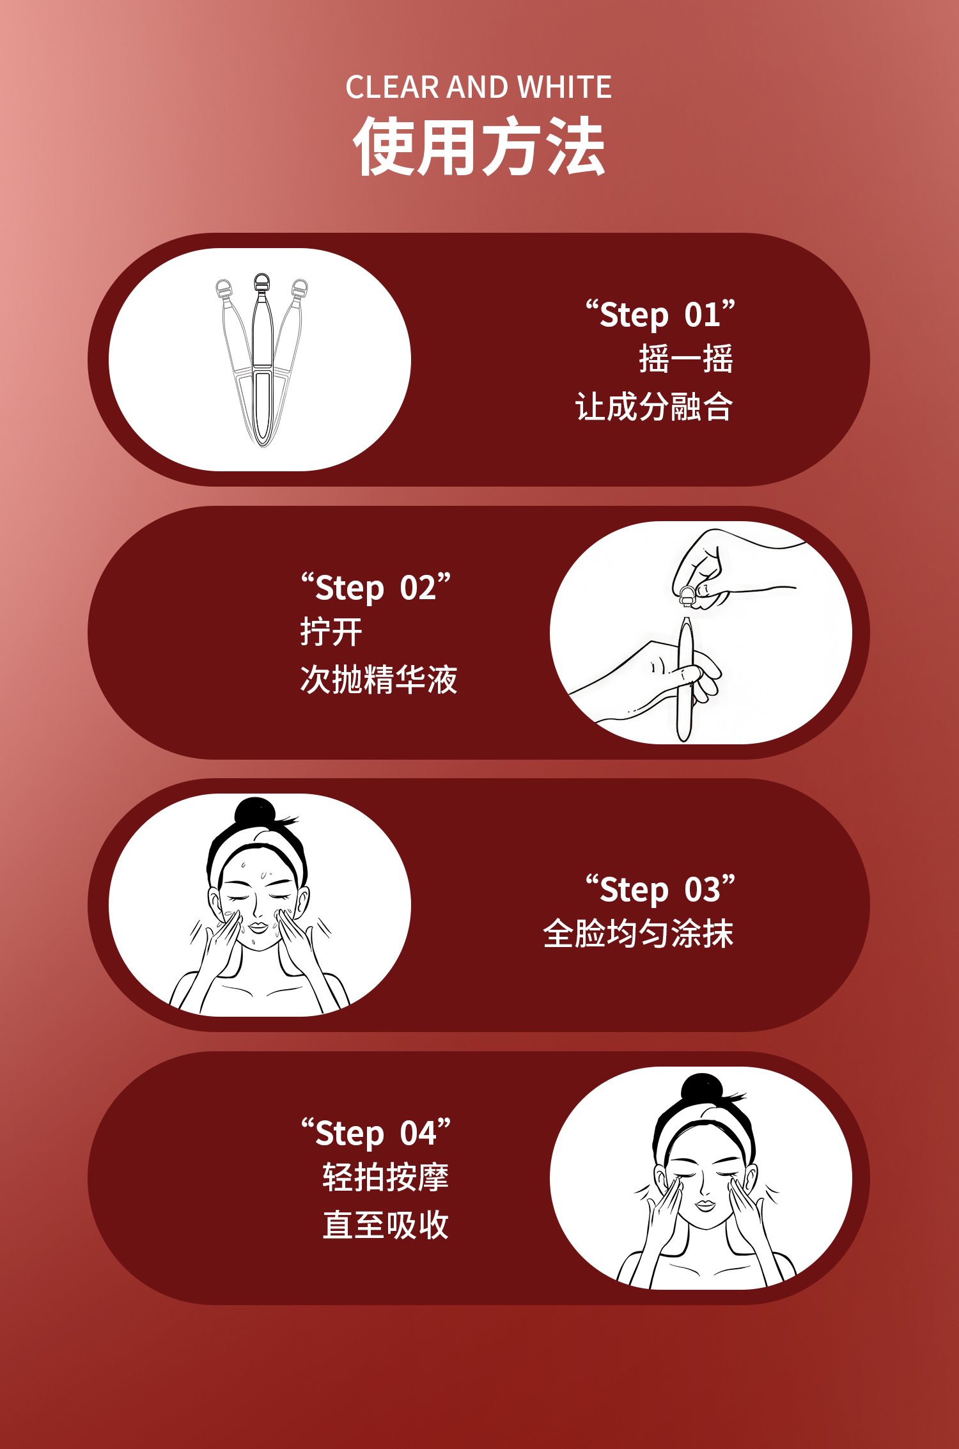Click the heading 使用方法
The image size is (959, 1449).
[479, 146]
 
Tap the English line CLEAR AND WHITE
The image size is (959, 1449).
[479, 87]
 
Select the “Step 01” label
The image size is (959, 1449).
[660, 314]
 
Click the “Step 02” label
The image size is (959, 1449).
[376, 587]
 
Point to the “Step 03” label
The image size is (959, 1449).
[660, 889]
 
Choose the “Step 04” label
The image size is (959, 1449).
[376, 1132]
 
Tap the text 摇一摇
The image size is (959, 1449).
[686, 359]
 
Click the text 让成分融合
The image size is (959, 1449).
[654, 407]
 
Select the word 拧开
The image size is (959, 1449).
[331, 632]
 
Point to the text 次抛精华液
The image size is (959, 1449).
[378, 679]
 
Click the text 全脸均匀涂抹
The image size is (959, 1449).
[638, 934]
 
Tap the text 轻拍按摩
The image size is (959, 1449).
[386, 1177]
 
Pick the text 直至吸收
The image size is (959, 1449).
[386, 1225]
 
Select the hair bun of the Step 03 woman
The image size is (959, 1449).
[254, 813]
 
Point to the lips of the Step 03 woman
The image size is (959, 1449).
[259, 927]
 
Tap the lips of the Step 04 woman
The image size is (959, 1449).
[706, 1205]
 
